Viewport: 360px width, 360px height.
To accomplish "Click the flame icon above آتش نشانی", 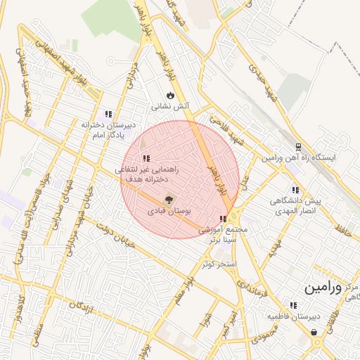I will [x=169, y=95].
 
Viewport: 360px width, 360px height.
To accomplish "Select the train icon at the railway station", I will [x=299, y=147].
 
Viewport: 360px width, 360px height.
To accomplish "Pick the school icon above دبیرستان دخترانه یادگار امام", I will [x=108, y=113].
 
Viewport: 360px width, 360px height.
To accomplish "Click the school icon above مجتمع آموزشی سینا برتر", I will [x=224, y=219].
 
